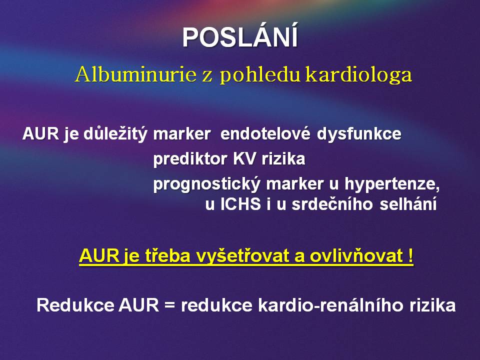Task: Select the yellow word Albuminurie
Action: (135, 74)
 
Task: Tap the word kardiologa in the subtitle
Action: (359, 74)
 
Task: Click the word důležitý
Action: (115, 134)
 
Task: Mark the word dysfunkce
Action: (359, 134)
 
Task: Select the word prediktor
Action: (190, 159)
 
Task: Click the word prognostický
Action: (207, 184)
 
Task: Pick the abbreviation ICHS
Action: (240, 204)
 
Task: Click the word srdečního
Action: (332, 204)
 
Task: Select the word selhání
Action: (408, 204)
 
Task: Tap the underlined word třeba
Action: (167, 255)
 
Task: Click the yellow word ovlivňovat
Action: (356, 255)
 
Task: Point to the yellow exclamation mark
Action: (410, 255)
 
